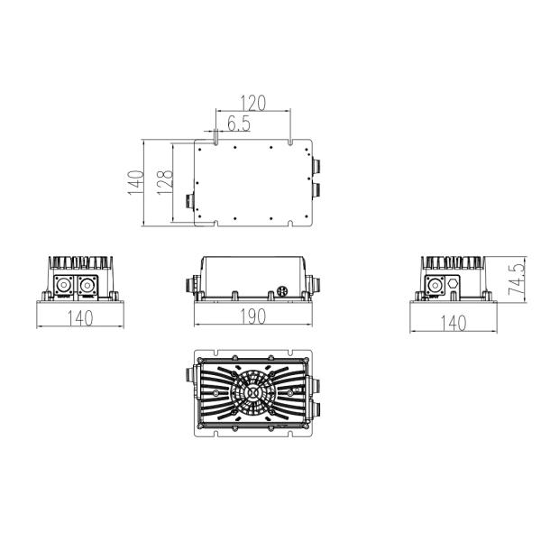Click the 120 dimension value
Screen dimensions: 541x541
tap(252, 103)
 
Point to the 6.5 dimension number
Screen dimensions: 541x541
tap(239, 124)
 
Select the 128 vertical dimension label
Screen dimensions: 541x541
tap(165, 182)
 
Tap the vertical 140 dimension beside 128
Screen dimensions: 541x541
tap(136, 182)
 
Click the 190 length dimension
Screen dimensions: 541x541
tap(252, 316)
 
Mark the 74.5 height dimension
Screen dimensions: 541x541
tap(517, 280)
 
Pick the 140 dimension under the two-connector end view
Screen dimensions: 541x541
tap(80, 317)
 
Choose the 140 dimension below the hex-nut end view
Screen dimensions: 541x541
tap(454, 323)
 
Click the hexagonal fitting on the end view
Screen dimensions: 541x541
tap(453, 284)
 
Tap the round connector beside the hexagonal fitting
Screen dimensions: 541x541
tap(435, 285)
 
